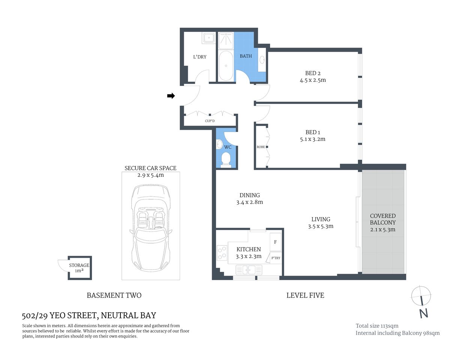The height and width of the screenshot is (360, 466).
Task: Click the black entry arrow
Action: [x=171, y=96]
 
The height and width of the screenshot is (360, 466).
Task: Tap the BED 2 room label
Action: [x=313, y=73]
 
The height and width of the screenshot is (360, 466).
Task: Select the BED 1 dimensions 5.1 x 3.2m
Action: [x=313, y=139]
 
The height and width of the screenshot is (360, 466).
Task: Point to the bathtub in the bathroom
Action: [x=226, y=66]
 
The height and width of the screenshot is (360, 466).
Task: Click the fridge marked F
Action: [x=275, y=242]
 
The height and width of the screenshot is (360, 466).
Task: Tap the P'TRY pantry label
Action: [x=276, y=258]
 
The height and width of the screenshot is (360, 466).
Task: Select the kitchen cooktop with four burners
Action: [x=222, y=253]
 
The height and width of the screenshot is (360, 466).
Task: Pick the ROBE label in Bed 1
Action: [x=261, y=147]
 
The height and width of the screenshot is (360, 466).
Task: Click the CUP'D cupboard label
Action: [x=210, y=121]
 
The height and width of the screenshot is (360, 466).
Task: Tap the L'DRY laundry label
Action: [x=200, y=57]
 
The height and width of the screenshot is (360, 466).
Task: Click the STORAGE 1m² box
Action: [x=79, y=268]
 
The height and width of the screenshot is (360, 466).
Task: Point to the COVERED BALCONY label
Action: [x=383, y=219]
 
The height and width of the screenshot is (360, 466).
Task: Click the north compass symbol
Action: [x=421, y=296]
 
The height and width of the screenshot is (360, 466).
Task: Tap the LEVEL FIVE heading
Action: [x=305, y=295]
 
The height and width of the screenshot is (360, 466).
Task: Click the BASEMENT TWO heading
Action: [x=114, y=295]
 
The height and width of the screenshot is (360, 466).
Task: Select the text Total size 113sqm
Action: [x=377, y=326]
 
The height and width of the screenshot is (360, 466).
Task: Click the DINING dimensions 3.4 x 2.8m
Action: [x=250, y=202]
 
